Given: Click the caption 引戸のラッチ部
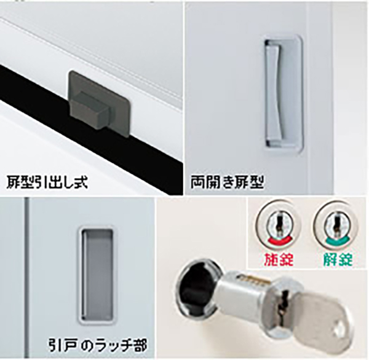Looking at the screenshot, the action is point(98,345).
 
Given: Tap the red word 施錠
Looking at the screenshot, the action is point(279,259).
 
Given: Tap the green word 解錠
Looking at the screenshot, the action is point(338,259).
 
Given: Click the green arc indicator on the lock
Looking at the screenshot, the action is point(338,242).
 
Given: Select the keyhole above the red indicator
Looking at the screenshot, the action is point(279,225).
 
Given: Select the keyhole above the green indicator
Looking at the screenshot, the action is point(336,225).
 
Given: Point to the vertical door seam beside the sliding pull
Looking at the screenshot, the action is point(26,278).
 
